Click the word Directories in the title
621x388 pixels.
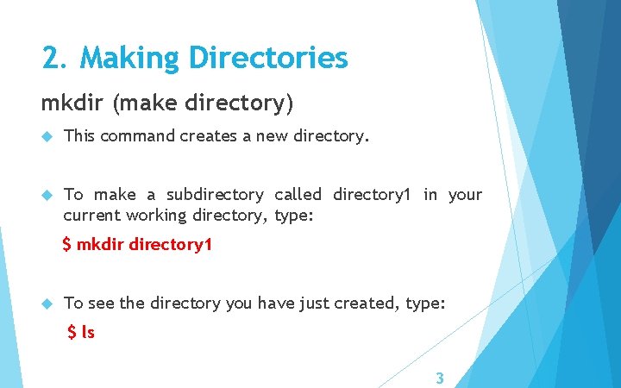click(x=268, y=59)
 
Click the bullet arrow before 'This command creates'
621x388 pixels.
click(x=47, y=135)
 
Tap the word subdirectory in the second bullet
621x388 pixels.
click(x=215, y=195)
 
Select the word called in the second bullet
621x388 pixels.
click(x=298, y=195)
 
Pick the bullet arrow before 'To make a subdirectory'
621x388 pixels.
click(x=47, y=195)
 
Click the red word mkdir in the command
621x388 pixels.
click(x=100, y=245)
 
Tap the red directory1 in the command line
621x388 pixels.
click(x=170, y=245)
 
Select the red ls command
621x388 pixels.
click(x=88, y=332)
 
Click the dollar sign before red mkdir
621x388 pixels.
click(x=67, y=245)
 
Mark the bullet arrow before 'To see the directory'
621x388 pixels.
click(x=47, y=304)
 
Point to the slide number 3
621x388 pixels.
click(x=440, y=378)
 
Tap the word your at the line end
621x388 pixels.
click(x=465, y=195)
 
